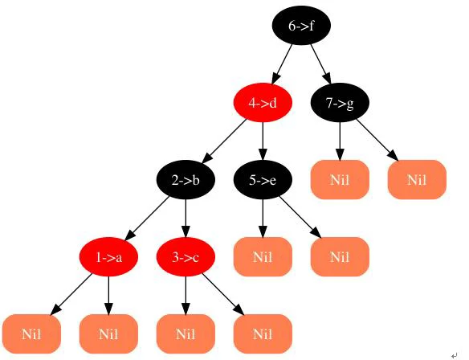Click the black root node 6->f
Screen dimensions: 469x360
pyautogui.click(x=301, y=26)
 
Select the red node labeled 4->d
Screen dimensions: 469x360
pyautogui.click(x=263, y=103)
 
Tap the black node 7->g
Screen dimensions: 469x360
pyautogui.click(x=340, y=103)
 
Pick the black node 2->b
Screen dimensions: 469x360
pyautogui.click(x=186, y=180)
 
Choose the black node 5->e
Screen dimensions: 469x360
pyautogui.click(x=263, y=180)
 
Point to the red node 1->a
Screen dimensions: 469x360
pyautogui.click(x=108, y=257)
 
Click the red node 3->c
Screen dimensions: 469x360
pyautogui.click(x=186, y=257)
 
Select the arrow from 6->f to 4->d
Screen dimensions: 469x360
pyautogui.click(x=282, y=64)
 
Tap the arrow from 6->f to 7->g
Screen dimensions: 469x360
pyautogui.click(x=320, y=64)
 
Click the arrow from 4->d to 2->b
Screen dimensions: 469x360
pyautogui.click(x=224, y=141)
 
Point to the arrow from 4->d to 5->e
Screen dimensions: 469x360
pyautogui.click(x=263, y=141)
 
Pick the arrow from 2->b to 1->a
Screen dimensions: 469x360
pyautogui.click(x=147, y=219)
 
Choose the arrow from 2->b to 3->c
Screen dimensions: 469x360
pyautogui.click(x=186, y=219)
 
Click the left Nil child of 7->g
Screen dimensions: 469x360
pyautogui.click(x=340, y=180)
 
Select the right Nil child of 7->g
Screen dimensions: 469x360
pyautogui.click(x=417, y=180)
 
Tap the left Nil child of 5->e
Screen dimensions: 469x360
pyautogui.click(x=263, y=257)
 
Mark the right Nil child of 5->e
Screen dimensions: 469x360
pyautogui.click(x=340, y=257)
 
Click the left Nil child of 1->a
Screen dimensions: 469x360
pyautogui.click(x=31, y=334)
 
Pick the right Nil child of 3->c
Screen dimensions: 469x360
pyautogui.click(x=263, y=334)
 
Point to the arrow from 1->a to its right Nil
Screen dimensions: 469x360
pyautogui.click(x=108, y=296)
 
